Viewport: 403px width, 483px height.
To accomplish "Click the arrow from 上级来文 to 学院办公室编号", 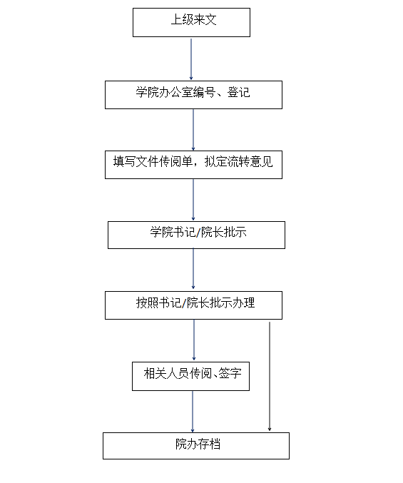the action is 191,59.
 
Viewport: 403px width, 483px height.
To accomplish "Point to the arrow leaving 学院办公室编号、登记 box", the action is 193,130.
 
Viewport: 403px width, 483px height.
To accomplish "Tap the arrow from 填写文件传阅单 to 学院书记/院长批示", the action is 193,200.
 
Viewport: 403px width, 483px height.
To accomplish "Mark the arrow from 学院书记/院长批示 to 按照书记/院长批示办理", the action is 193,269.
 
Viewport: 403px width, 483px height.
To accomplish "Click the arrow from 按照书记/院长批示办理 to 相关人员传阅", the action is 194,340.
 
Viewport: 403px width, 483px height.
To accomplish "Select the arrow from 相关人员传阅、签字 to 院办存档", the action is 193,412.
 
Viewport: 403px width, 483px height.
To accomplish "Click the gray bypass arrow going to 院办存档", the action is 270,377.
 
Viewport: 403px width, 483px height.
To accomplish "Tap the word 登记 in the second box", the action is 239,93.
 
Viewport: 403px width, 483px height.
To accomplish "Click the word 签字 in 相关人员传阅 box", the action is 230,374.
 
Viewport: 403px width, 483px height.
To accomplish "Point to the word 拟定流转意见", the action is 239,162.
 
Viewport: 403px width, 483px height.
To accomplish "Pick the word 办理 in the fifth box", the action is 243,302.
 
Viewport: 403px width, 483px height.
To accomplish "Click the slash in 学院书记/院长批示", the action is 198,233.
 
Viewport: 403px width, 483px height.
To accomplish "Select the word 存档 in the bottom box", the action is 209,444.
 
